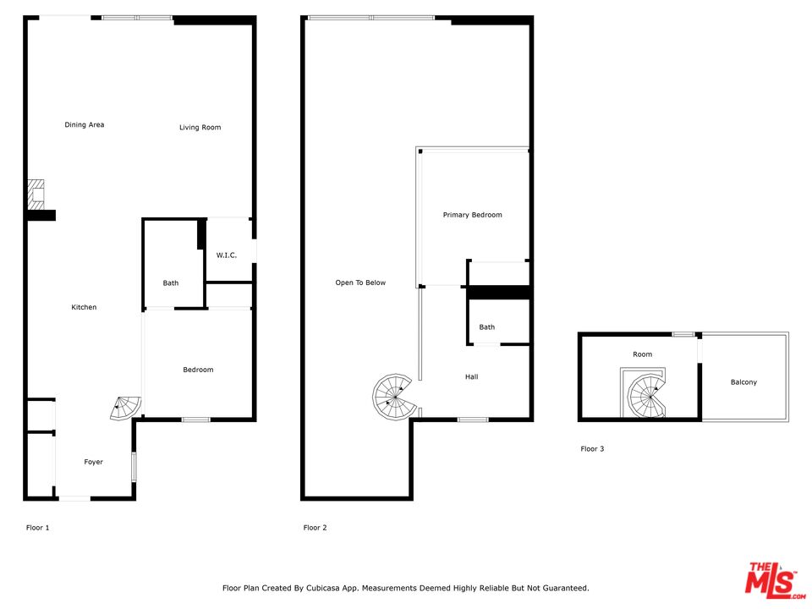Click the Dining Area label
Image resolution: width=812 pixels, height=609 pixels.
(85, 125)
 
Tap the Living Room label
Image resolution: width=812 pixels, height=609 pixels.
(200, 128)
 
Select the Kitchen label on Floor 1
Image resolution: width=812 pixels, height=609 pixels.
(84, 307)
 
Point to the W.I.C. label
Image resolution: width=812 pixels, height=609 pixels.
(227, 255)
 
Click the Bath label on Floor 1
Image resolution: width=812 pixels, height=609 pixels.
(170, 283)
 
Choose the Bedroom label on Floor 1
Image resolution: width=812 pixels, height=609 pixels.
(198, 370)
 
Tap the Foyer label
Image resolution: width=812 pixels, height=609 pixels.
(93, 462)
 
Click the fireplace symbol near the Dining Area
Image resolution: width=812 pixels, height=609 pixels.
(36, 195)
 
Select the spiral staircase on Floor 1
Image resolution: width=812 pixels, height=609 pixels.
(125, 408)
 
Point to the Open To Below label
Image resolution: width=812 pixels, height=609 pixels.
(360, 283)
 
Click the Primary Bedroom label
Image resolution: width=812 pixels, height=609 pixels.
(472, 215)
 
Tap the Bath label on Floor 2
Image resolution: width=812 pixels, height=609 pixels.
(487, 327)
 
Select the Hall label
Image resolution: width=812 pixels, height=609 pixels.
(471, 377)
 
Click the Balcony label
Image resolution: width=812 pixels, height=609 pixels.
(743, 382)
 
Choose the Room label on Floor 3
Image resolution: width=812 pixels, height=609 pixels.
(642, 354)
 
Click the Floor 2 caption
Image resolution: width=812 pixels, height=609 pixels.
(315, 528)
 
